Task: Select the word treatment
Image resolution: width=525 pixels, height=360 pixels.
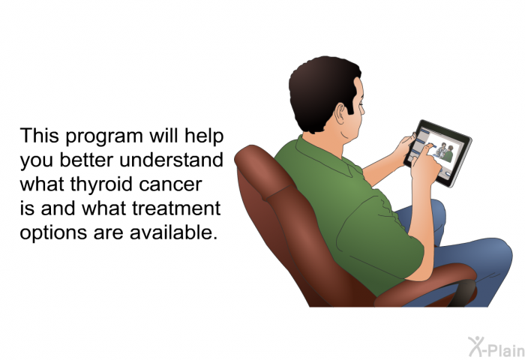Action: point(176,208)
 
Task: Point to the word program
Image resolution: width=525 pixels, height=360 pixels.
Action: point(104,137)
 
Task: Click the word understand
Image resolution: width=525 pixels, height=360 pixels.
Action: point(171,160)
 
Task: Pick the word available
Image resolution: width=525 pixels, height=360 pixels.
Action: point(172,232)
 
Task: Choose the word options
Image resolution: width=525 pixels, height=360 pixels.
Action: point(53,233)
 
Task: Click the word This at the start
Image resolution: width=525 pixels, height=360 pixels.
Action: point(40,136)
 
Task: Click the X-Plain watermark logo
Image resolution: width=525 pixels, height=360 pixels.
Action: point(496,347)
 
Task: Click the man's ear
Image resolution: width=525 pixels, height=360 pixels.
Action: point(340,113)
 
